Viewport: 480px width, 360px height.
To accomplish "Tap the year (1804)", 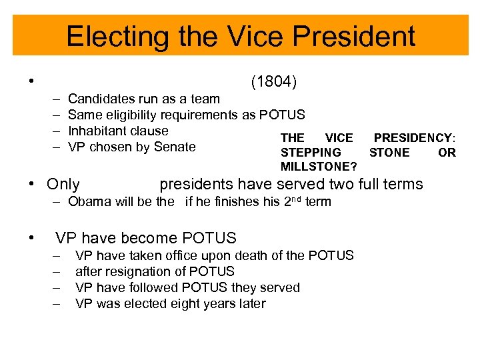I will click(273, 83).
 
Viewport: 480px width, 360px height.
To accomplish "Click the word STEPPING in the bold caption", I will click(311, 152).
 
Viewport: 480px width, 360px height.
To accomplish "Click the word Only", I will click(63, 185).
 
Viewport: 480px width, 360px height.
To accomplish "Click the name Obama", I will click(89, 201).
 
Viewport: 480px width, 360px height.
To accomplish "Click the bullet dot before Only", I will click(31, 185).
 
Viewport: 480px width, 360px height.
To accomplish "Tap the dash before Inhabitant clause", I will click(54, 131).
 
